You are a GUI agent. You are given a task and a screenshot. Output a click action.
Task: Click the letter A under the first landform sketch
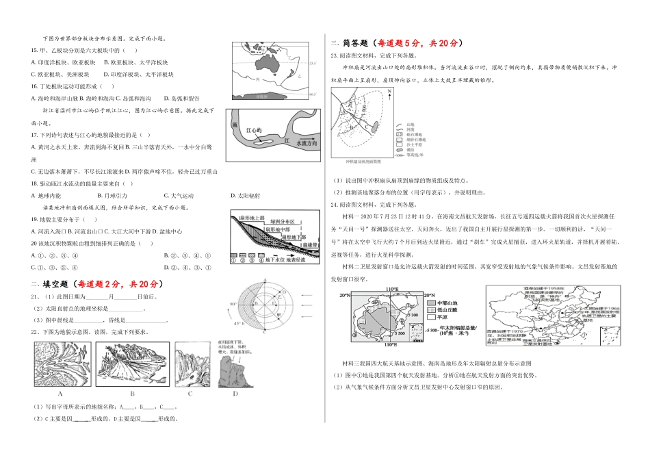click(x=60, y=395)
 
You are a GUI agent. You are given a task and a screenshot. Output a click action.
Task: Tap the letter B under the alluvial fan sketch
click(x=131, y=395)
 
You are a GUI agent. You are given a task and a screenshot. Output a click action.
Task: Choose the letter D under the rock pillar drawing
click(x=235, y=395)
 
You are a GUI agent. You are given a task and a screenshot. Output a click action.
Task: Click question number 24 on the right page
click(x=334, y=204)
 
